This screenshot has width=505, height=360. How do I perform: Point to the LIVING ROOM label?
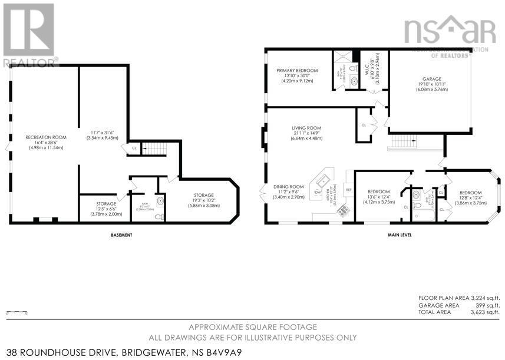pyautogui.click(x=306, y=127)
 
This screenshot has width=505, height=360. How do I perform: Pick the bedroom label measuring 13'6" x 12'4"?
pyautogui.click(x=378, y=192)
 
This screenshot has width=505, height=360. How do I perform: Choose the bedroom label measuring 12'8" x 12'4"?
pyautogui.click(x=470, y=193)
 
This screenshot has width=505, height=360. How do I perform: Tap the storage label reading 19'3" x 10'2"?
pyautogui.click(x=204, y=195)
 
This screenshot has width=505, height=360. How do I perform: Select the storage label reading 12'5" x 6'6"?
pyautogui.click(x=106, y=204)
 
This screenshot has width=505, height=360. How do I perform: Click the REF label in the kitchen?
pyautogui.click(x=348, y=190)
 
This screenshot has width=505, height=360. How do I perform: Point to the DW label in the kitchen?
pyautogui.click(x=318, y=192)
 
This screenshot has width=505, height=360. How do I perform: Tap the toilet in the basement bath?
pyautogui.click(x=157, y=216)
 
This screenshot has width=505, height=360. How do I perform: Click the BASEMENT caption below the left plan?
pyautogui.click(x=121, y=235)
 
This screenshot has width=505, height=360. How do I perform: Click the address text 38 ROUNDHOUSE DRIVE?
pyautogui.click(x=58, y=352)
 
